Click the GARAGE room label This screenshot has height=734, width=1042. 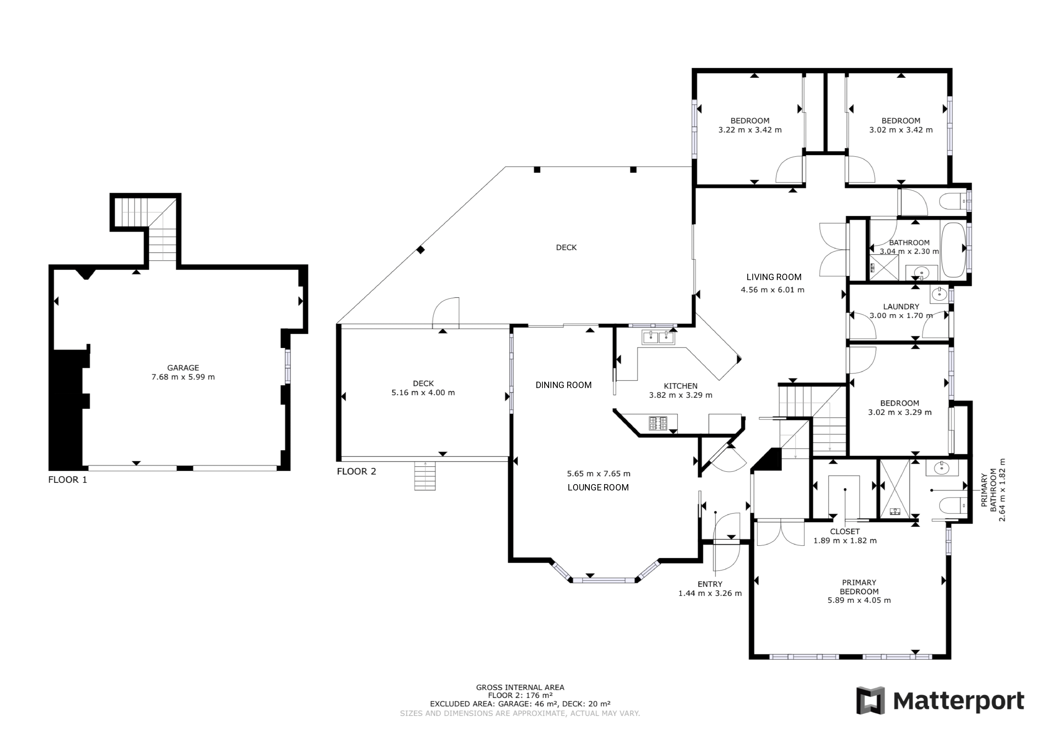click(183, 368)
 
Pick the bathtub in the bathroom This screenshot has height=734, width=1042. click(954, 250)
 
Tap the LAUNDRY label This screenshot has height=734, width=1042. click(901, 307)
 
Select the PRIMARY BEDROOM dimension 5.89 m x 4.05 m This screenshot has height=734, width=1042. click(859, 600)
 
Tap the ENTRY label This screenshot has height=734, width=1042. click(710, 584)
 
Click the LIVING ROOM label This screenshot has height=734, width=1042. click(774, 277)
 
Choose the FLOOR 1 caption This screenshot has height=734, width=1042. click(68, 480)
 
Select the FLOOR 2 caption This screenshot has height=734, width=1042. click(356, 471)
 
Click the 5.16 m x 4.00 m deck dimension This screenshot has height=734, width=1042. click(423, 393)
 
